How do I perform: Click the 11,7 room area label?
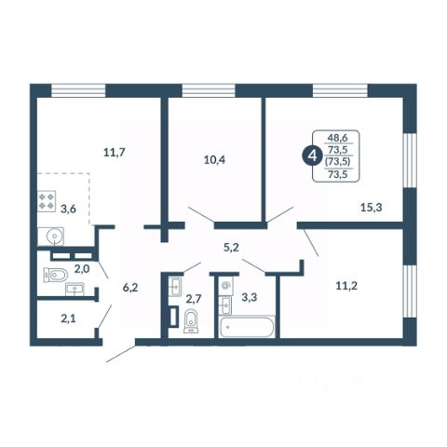115,153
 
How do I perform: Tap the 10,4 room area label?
214,160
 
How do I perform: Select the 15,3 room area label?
372,207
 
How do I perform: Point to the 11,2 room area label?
346,286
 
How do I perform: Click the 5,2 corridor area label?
231,248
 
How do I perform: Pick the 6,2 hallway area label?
130,288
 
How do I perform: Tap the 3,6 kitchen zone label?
68,209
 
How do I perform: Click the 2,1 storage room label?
68,318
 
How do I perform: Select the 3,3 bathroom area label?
250,297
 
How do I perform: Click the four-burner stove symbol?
47,201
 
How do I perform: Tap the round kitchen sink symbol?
51,237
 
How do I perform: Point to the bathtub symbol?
247,327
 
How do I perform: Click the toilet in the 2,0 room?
56,275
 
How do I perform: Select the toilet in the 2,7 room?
191,321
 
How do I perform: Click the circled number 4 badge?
311,156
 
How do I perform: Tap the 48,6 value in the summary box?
338,138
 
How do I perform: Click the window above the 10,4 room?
209,90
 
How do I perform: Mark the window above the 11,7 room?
78,90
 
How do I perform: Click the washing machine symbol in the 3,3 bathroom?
226,285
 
